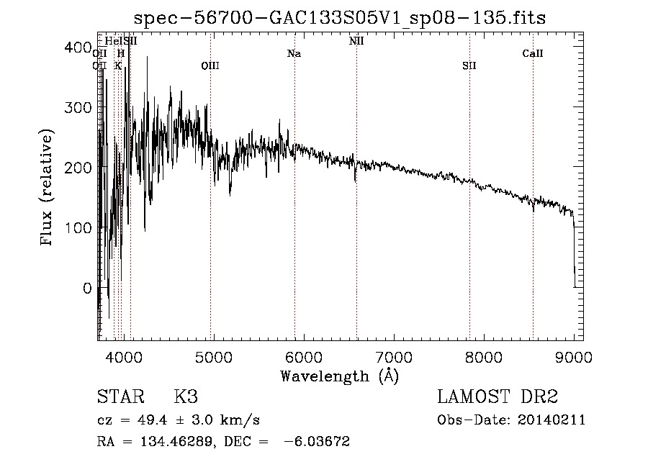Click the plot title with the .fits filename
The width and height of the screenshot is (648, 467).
(x=340, y=18)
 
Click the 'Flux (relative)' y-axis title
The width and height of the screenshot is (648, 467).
(x=48, y=189)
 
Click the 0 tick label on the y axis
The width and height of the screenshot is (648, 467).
(x=86, y=288)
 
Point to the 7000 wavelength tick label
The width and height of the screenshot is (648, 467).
(x=394, y=355)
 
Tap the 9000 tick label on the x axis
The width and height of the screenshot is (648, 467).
(x=575, y=355)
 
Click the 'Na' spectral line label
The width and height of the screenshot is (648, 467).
(x=294, y=54)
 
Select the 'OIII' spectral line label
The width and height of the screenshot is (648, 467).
(x=210, y=66)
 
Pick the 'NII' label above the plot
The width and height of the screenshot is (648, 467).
(x=356, y=42)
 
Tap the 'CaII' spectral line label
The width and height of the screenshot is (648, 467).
(x=533, y=54)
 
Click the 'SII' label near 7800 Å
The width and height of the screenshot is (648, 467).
(x=469, y=66)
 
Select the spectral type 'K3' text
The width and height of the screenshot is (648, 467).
(x=186, y=397)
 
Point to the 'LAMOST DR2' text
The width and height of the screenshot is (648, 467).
(x=498, y=397)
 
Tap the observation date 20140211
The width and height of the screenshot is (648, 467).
(x=553, y=420)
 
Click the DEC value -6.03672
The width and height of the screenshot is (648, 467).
(x=317, y=443)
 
